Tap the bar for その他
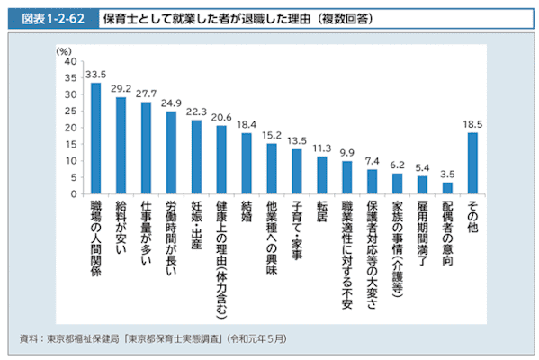(472, 163)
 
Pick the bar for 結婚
(246, 163)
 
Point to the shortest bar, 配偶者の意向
(447, 188)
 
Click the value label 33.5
(95, 75)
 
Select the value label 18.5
(472, 124)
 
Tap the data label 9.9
(346, 153)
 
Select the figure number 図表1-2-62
(49, 17)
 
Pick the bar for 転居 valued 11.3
(321, 175)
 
